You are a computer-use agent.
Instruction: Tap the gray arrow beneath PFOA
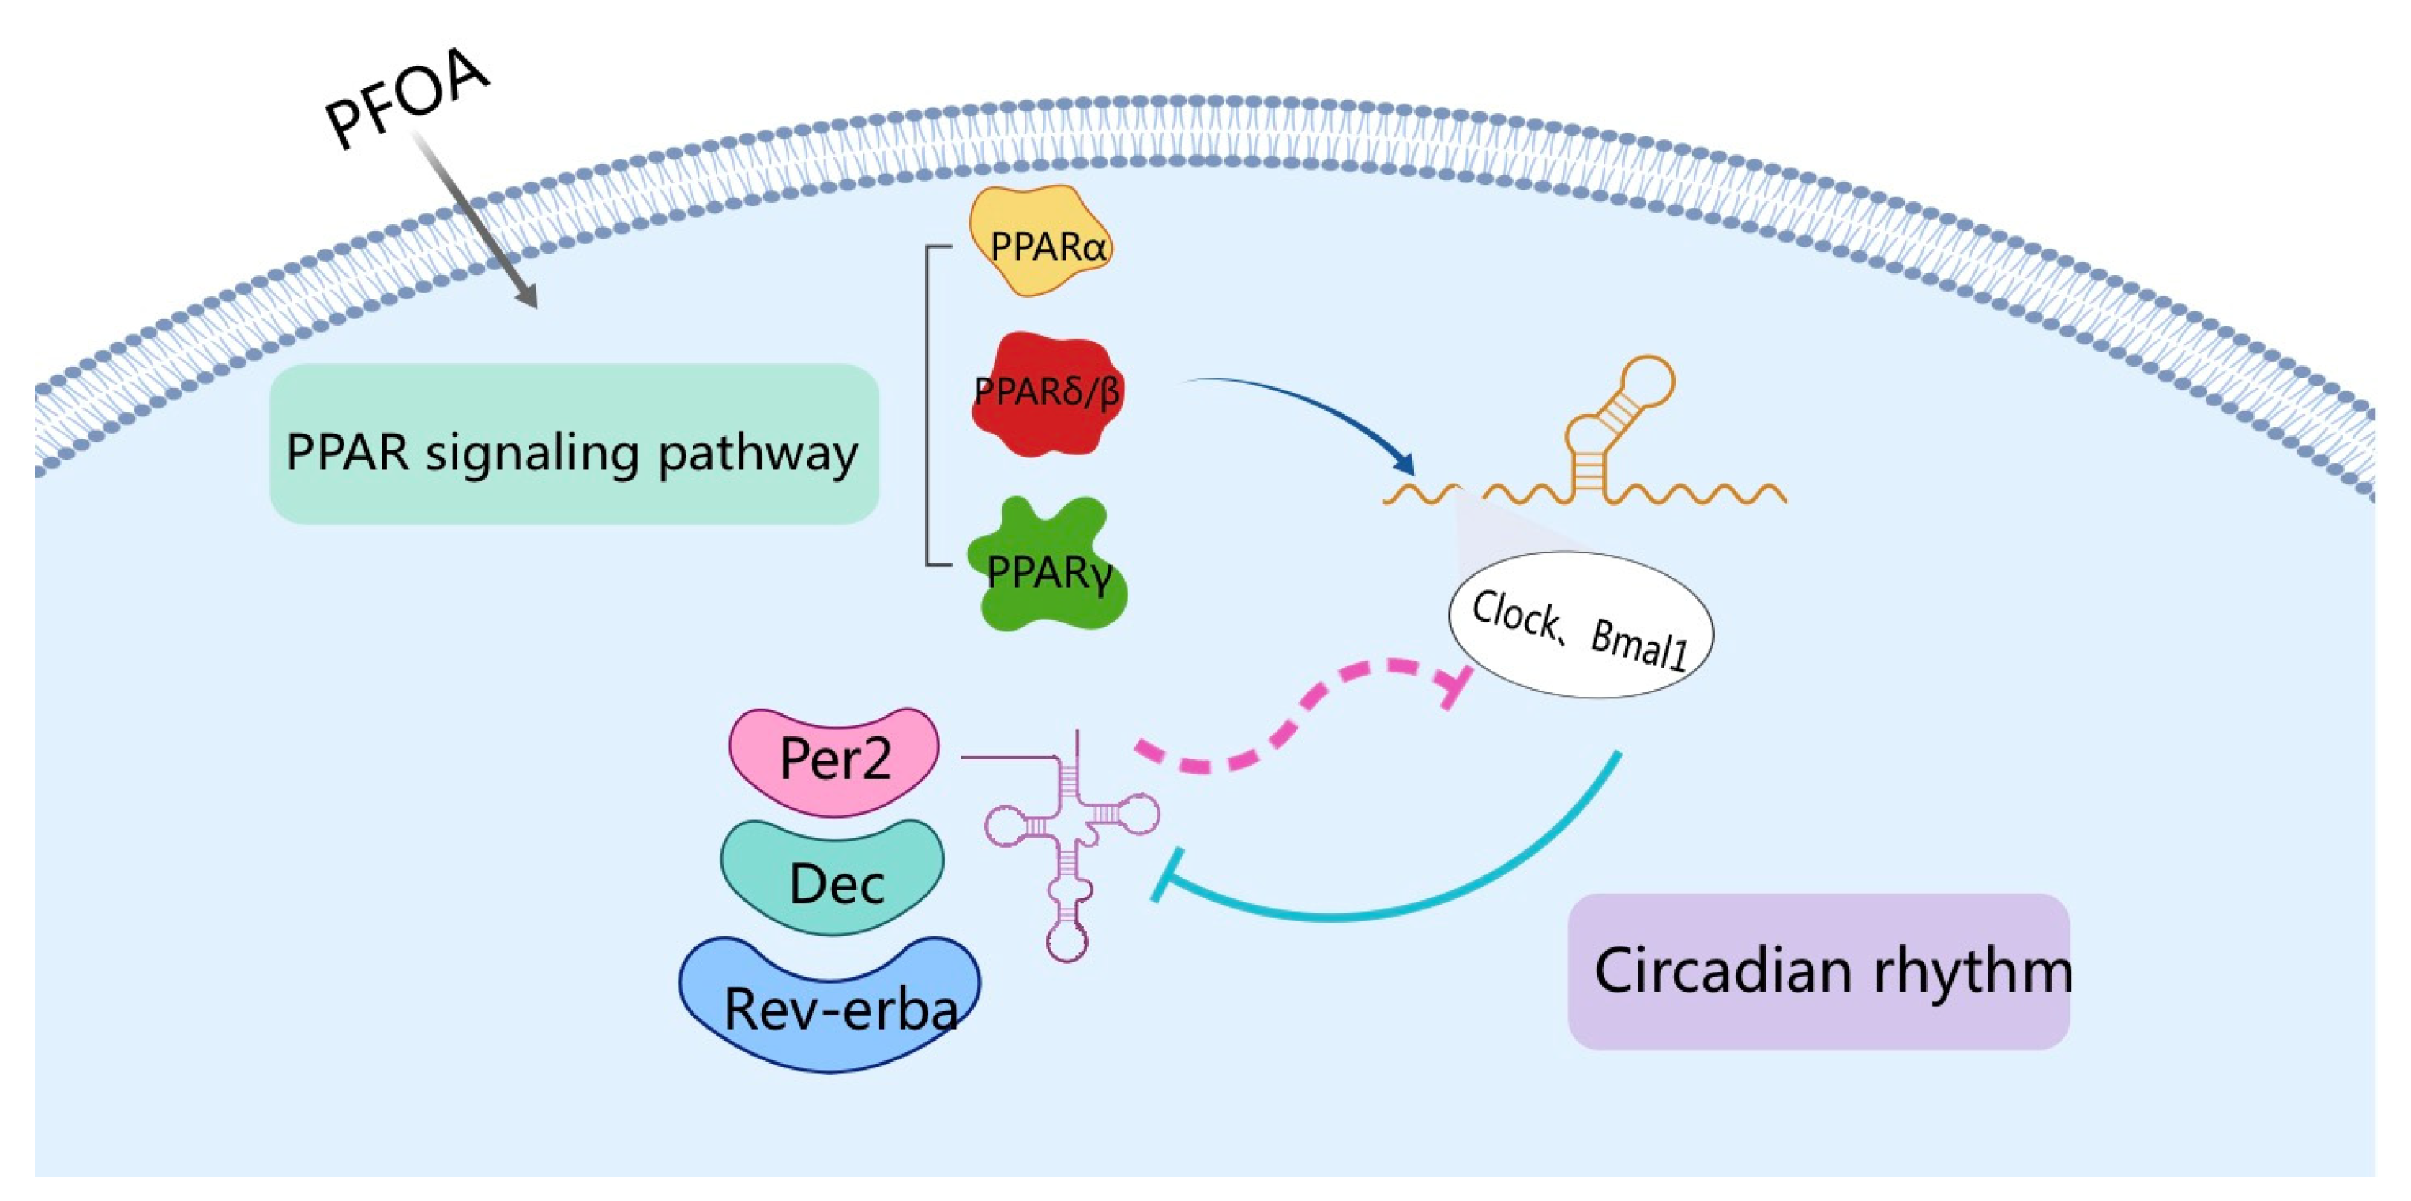coord(476,221)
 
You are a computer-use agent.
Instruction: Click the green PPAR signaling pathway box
coord(574,444)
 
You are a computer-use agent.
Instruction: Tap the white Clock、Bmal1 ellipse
coord(1581,624)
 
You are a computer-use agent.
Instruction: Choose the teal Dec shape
coord(832,876)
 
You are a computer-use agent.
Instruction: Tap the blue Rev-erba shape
coord(830,1003)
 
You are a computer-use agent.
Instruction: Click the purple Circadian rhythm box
coord(1819,971)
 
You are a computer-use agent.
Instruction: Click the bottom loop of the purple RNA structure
coord(1067,943)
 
